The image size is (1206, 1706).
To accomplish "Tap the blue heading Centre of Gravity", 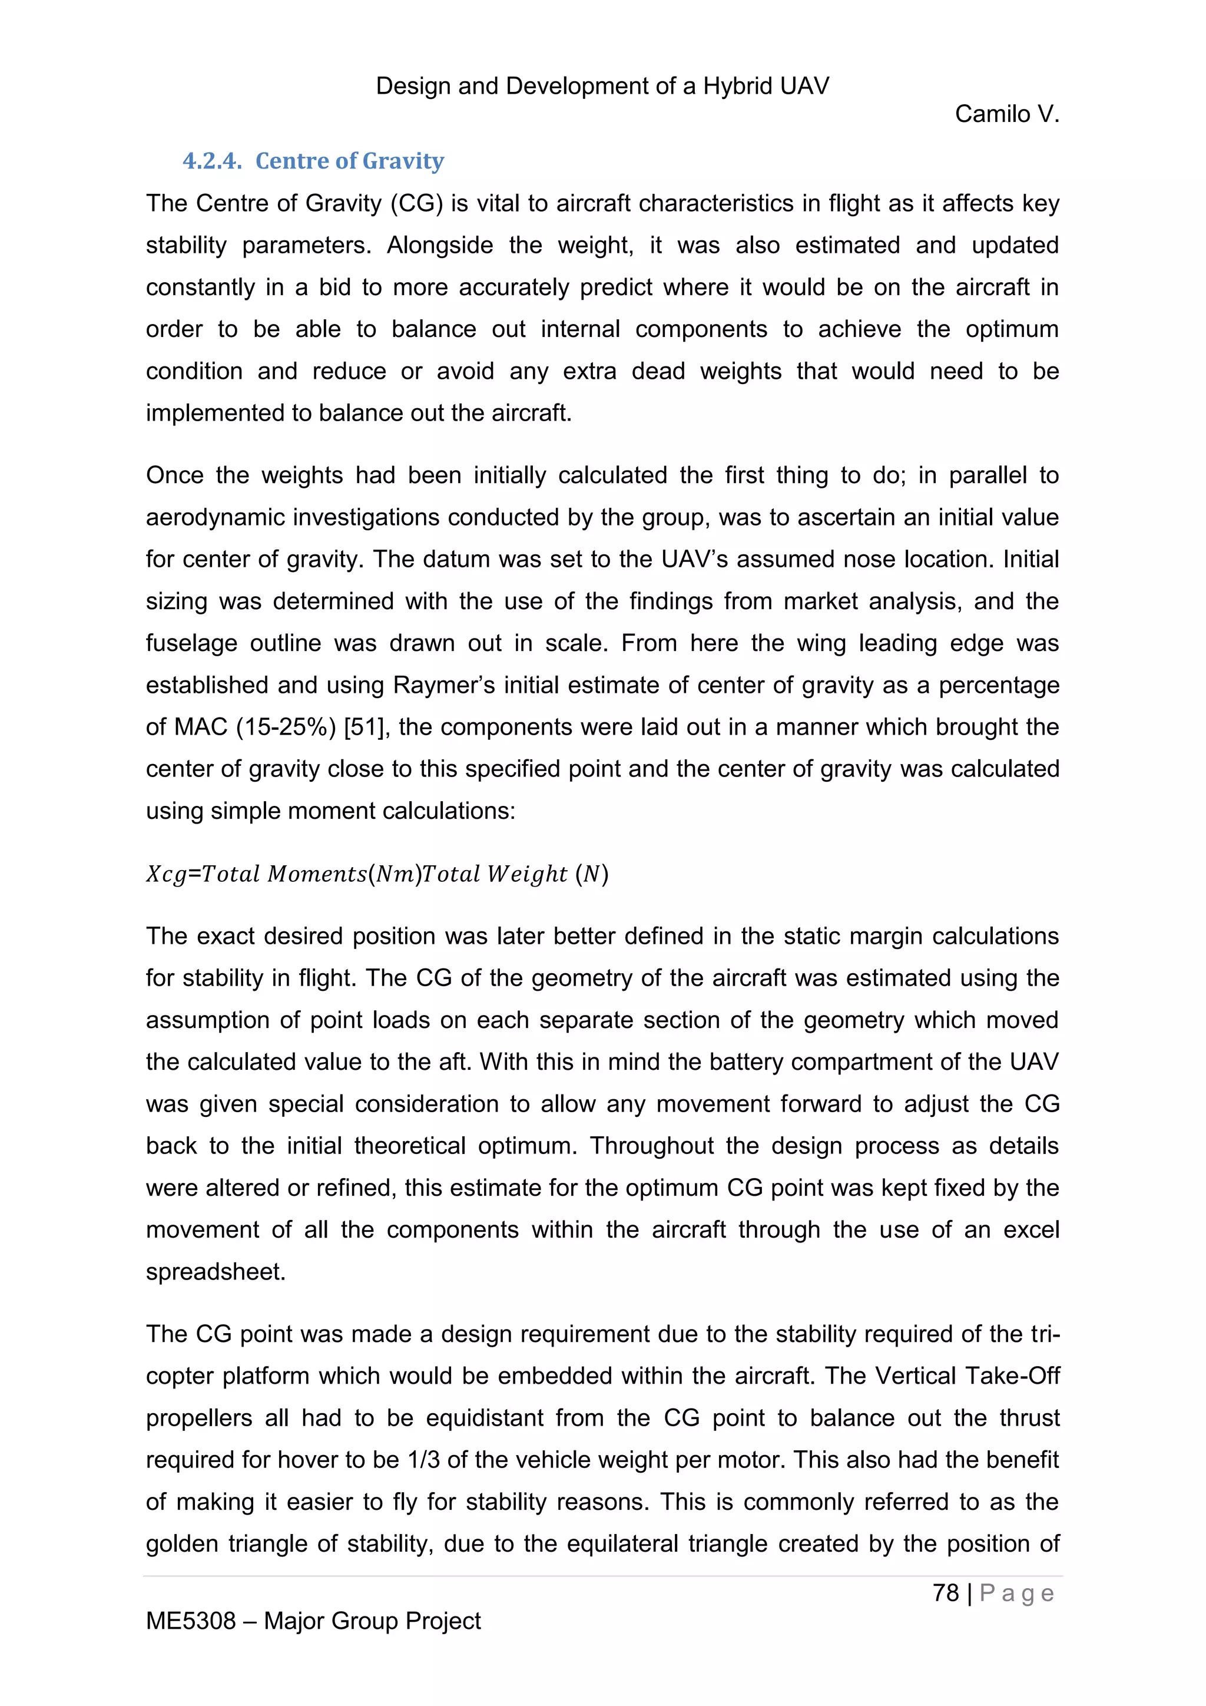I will pyautogui.click(x=349, y=161).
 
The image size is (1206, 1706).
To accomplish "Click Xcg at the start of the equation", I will pyautogui.click(x=165, y=874).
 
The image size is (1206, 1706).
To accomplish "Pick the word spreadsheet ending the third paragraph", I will pyautogui.click(x=216, y=1272).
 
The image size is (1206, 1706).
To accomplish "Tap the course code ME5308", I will pyautogui.click(x=190, y=1621).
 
